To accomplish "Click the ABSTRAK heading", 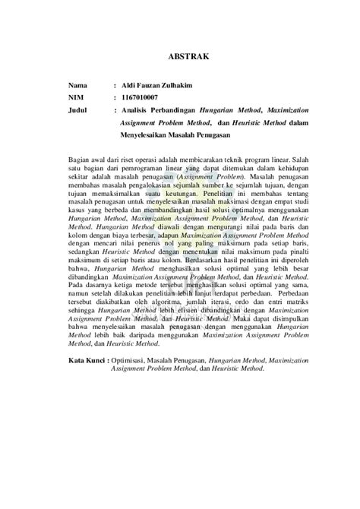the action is click(x=179, y=55).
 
